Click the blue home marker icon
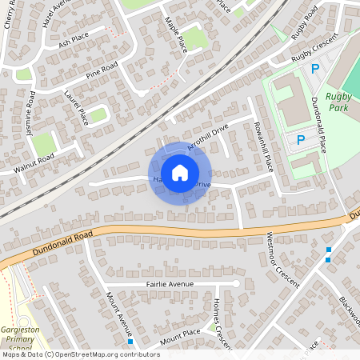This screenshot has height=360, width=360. (x=180, y=173)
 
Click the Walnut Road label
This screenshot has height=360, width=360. (x=33, y=161)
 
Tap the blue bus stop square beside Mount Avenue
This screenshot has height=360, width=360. (x=130, y=342)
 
